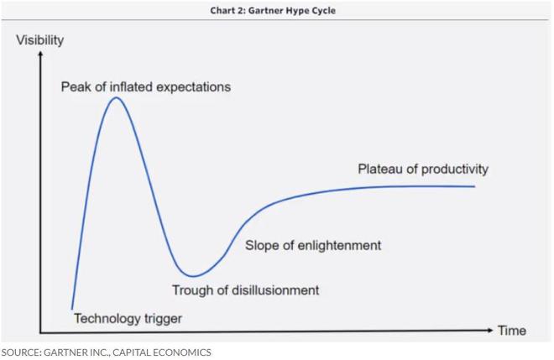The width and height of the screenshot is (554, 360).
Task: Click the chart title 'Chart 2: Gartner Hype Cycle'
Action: tap(273, 11)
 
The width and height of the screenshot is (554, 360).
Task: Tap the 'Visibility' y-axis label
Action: tap(40, 40)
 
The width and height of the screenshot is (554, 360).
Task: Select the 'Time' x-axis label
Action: tap(512, 331)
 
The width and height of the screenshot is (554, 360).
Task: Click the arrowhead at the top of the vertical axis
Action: tap(40, 54)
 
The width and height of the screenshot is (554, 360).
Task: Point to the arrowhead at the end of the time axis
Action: tap(489, 331)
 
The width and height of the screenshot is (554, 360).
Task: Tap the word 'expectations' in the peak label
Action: tap(193, 87)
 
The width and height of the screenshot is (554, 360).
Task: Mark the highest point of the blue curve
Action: tap(116, 98)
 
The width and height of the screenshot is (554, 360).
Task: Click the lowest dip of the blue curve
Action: tap(192, 276)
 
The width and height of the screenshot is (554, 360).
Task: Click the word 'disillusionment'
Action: tap(275, 290)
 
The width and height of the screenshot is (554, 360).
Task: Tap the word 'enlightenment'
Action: tap(340, 246)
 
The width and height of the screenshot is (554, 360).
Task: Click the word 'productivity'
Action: tap(455, 170)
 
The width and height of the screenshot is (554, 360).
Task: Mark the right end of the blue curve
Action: tap(474, 186)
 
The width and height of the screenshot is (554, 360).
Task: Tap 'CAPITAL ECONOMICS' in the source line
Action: tap(162, 352)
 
